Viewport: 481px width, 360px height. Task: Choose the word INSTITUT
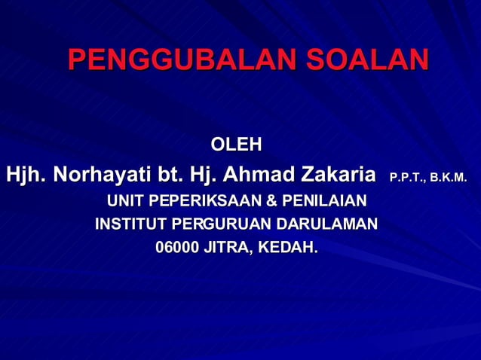pyautogui.click(x=130, y=224)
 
